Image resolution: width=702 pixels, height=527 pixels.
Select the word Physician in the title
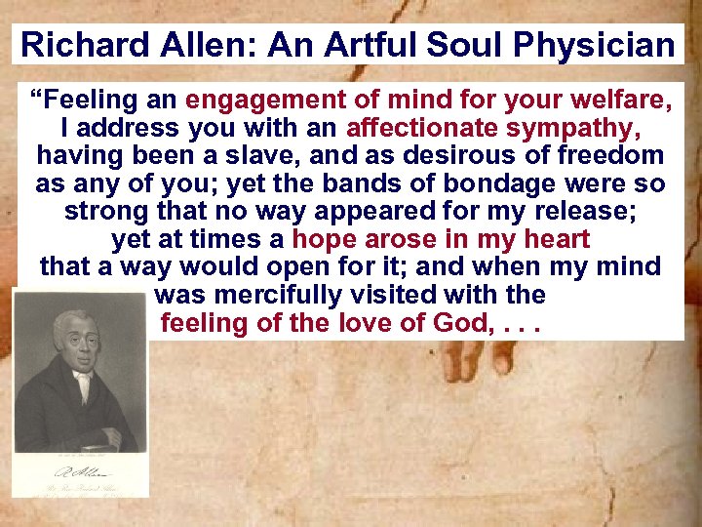(x=596, y=45)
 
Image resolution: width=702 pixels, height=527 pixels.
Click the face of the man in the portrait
(x=73, y=338)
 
